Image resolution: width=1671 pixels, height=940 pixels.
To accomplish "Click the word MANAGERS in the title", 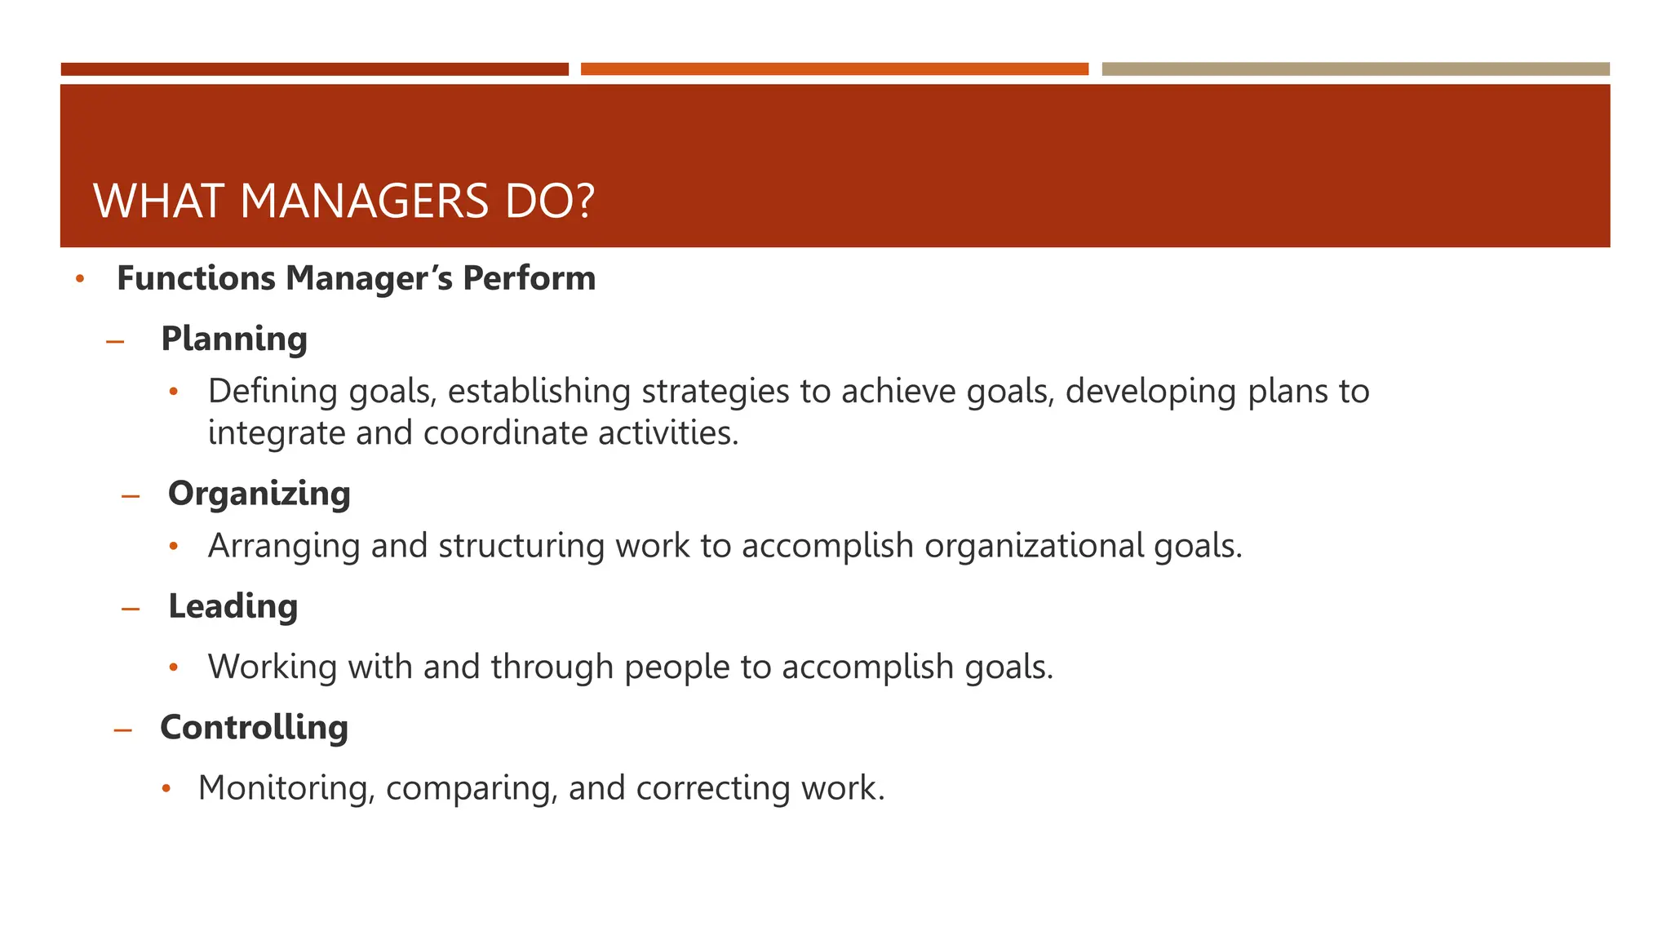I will point(363,202).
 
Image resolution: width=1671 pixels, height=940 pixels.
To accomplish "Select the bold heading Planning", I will point(234,339).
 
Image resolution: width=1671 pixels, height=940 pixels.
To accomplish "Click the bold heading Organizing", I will point(259,494).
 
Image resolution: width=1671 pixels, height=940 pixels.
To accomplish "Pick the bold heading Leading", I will point(233,607).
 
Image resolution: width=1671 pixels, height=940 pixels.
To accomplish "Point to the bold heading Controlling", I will point(254,728).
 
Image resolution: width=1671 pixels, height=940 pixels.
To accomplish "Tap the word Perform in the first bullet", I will point(529,279).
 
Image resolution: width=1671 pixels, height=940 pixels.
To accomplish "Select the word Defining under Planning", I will point(273,392).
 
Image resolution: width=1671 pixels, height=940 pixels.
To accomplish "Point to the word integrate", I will point(277,433).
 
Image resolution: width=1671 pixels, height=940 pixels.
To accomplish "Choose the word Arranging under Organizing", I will point(284,546).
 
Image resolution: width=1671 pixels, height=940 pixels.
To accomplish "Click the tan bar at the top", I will point(1355,69).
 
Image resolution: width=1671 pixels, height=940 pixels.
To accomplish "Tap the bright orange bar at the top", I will point(834,69).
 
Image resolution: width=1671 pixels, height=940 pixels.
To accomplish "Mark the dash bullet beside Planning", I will point(115,342).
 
